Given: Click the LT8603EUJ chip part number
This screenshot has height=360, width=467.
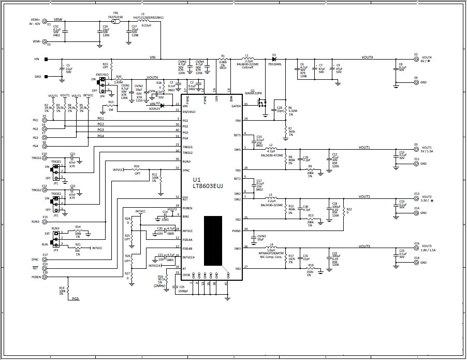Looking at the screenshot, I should (x=208, y=185).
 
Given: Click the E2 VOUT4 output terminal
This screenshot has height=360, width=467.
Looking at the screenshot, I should (x=416, y=59).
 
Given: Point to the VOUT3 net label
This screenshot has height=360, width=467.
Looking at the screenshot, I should (x=364, y=247).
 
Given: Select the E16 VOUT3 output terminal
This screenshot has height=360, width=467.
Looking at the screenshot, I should (x=416, y=248).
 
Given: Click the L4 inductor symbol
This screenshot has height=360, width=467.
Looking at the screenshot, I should (x=271, y=248).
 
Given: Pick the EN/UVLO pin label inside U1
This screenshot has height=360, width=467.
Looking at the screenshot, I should (x=188, y=111).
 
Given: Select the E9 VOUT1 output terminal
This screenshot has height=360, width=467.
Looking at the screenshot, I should (x=416, y=149).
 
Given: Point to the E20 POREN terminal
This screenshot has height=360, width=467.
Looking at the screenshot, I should (x=45, y=277).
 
